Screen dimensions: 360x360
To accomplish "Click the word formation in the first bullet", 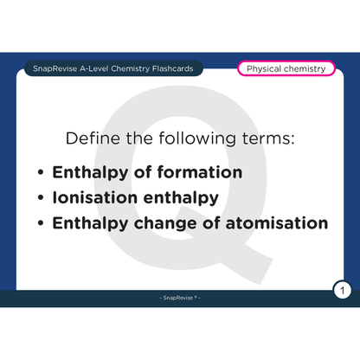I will click(x=200, y=171).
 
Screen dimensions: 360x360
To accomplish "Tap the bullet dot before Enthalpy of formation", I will click(x=41, y=172).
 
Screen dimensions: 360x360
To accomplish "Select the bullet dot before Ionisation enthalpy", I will click(x=41, y=198).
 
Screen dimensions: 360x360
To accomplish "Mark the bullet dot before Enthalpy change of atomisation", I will click(x=41, y=223).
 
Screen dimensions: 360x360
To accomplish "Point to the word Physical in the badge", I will click(x=266, y=68).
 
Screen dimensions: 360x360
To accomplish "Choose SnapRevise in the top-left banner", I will click(x=49, y=68).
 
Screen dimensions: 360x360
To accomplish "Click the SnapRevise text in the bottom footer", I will click(x=178, y=299).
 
